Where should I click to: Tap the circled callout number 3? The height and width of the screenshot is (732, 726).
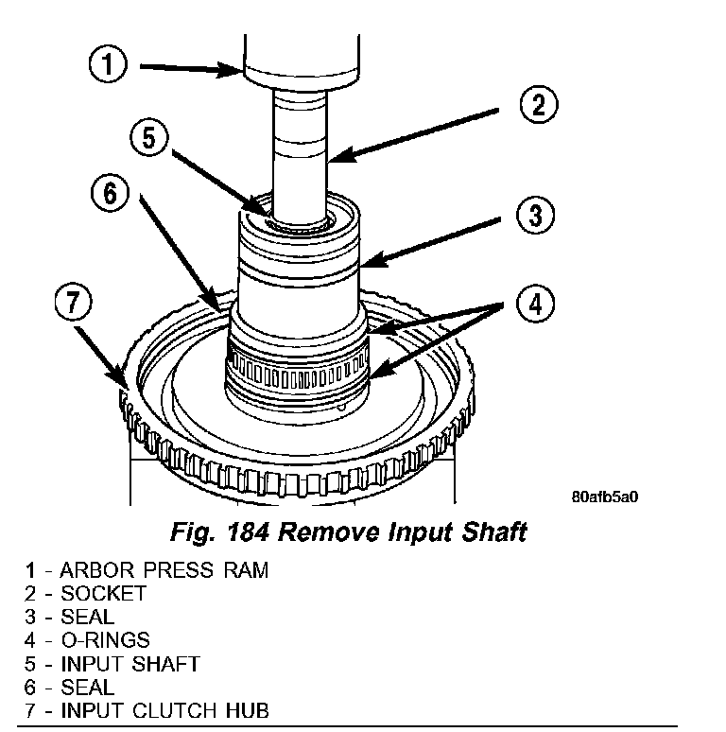coord(534,216)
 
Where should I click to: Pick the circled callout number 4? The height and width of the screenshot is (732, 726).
coord(535,305)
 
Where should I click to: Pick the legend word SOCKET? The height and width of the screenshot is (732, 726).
coord(103,594)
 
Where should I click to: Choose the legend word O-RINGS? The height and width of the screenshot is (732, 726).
coord(104,640)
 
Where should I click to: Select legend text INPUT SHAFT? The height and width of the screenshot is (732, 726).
coord(130,664)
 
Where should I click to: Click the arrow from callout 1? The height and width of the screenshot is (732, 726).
coord(189,67)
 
